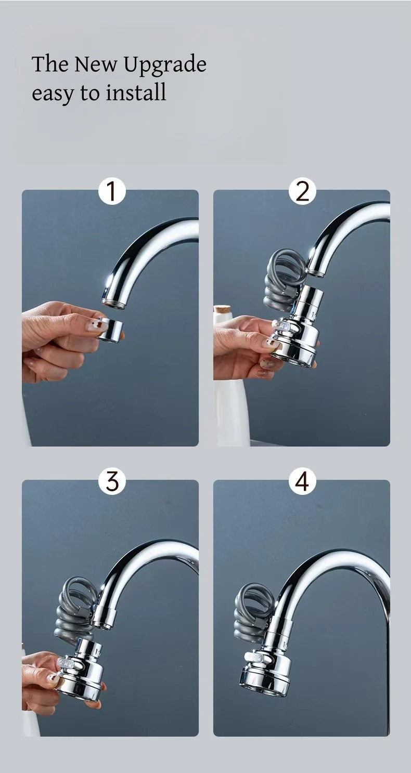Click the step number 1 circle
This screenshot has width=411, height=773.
click(112, 191)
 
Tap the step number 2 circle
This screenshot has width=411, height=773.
click(302, 191)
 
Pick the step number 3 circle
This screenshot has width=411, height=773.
click(112, 481)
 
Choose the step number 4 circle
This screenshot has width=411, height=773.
click(302, 481)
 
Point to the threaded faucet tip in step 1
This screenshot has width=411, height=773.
click(113, 302)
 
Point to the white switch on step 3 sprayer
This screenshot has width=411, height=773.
click(67, 664)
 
